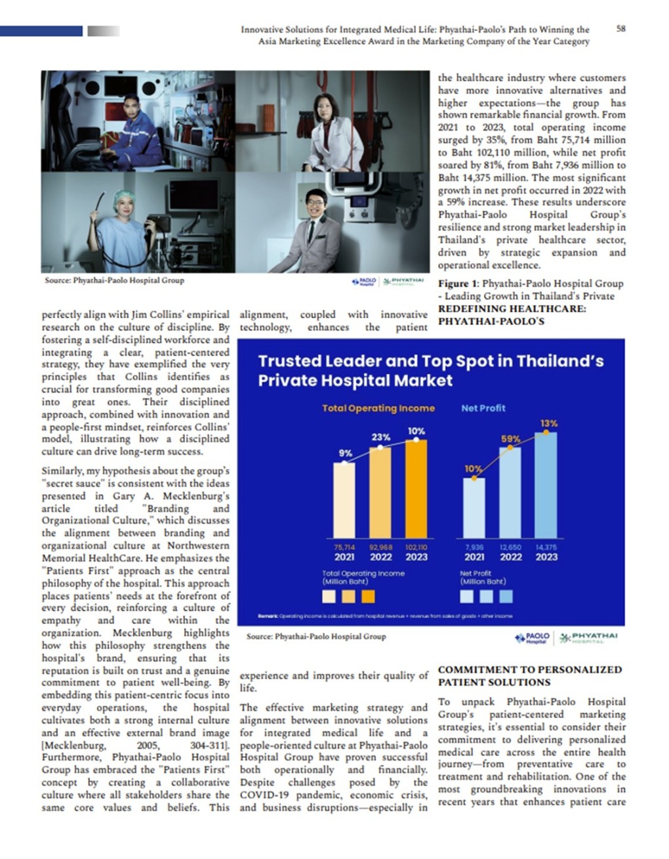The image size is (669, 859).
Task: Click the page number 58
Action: click(620, 29)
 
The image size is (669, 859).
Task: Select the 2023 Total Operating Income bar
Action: click(416, 489)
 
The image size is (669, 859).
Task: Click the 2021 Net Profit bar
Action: click(474, 508)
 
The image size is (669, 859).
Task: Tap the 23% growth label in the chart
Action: click(381, 437)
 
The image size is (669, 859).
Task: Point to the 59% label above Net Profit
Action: click(511, 439)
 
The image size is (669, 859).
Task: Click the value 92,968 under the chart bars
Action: click(380, 547)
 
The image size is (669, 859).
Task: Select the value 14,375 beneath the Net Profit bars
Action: click(546, 547)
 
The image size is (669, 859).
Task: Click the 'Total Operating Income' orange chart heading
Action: click(378, 408)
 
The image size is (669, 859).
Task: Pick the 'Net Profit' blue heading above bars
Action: click(483, 408)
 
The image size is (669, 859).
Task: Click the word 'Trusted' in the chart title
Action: click(289, 362)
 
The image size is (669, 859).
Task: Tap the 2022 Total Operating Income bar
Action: click(380, 493)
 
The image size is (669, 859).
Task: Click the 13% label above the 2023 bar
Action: click(549, 424)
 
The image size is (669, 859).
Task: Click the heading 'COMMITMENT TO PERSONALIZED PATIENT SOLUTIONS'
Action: click(530, 676)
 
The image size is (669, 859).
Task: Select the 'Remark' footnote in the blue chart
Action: click(268, 616)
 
